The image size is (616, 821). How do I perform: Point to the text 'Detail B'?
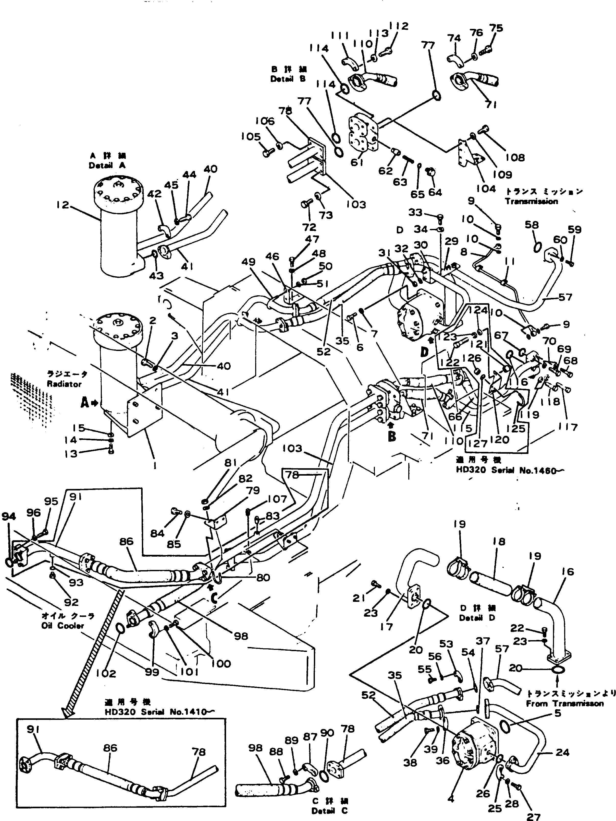tap(288, 79)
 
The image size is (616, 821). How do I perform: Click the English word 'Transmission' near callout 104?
tap(531, 201)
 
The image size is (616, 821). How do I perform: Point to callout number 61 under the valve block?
tap(357, 162)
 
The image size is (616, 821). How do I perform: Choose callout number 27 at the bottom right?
tap(533, 816)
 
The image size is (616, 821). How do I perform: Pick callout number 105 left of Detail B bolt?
tap(250, 137)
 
